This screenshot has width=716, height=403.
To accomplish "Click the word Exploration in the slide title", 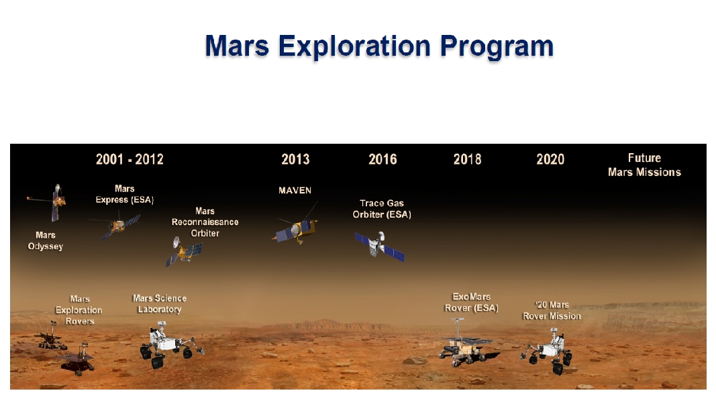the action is coord(354,46).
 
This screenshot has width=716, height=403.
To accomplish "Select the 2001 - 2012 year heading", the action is coord(130,159).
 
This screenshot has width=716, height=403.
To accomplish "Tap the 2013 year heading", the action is coord(295,159).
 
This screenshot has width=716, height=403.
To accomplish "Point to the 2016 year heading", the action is coord(382,159).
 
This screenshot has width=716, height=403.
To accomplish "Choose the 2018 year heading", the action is coord(467,159).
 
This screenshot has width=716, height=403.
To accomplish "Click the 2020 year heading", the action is coord(550,159).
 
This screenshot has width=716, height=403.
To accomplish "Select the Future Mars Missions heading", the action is coord(644,165).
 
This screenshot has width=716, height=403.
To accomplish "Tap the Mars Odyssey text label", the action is coord(45,241).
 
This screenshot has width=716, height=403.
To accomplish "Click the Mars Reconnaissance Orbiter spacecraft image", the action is coord(184,251).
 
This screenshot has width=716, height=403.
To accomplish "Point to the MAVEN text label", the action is coord(295,191).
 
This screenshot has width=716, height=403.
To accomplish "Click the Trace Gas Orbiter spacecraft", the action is coord(379,246).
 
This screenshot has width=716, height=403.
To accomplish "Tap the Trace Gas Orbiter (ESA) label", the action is coord(382,209).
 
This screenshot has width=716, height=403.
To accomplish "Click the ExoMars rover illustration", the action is coord(466,344).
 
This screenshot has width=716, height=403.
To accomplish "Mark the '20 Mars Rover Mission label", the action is coord(552,310).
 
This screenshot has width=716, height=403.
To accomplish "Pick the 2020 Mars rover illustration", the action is coord(548,351).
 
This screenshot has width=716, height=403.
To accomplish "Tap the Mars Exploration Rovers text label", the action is coord(79,310).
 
